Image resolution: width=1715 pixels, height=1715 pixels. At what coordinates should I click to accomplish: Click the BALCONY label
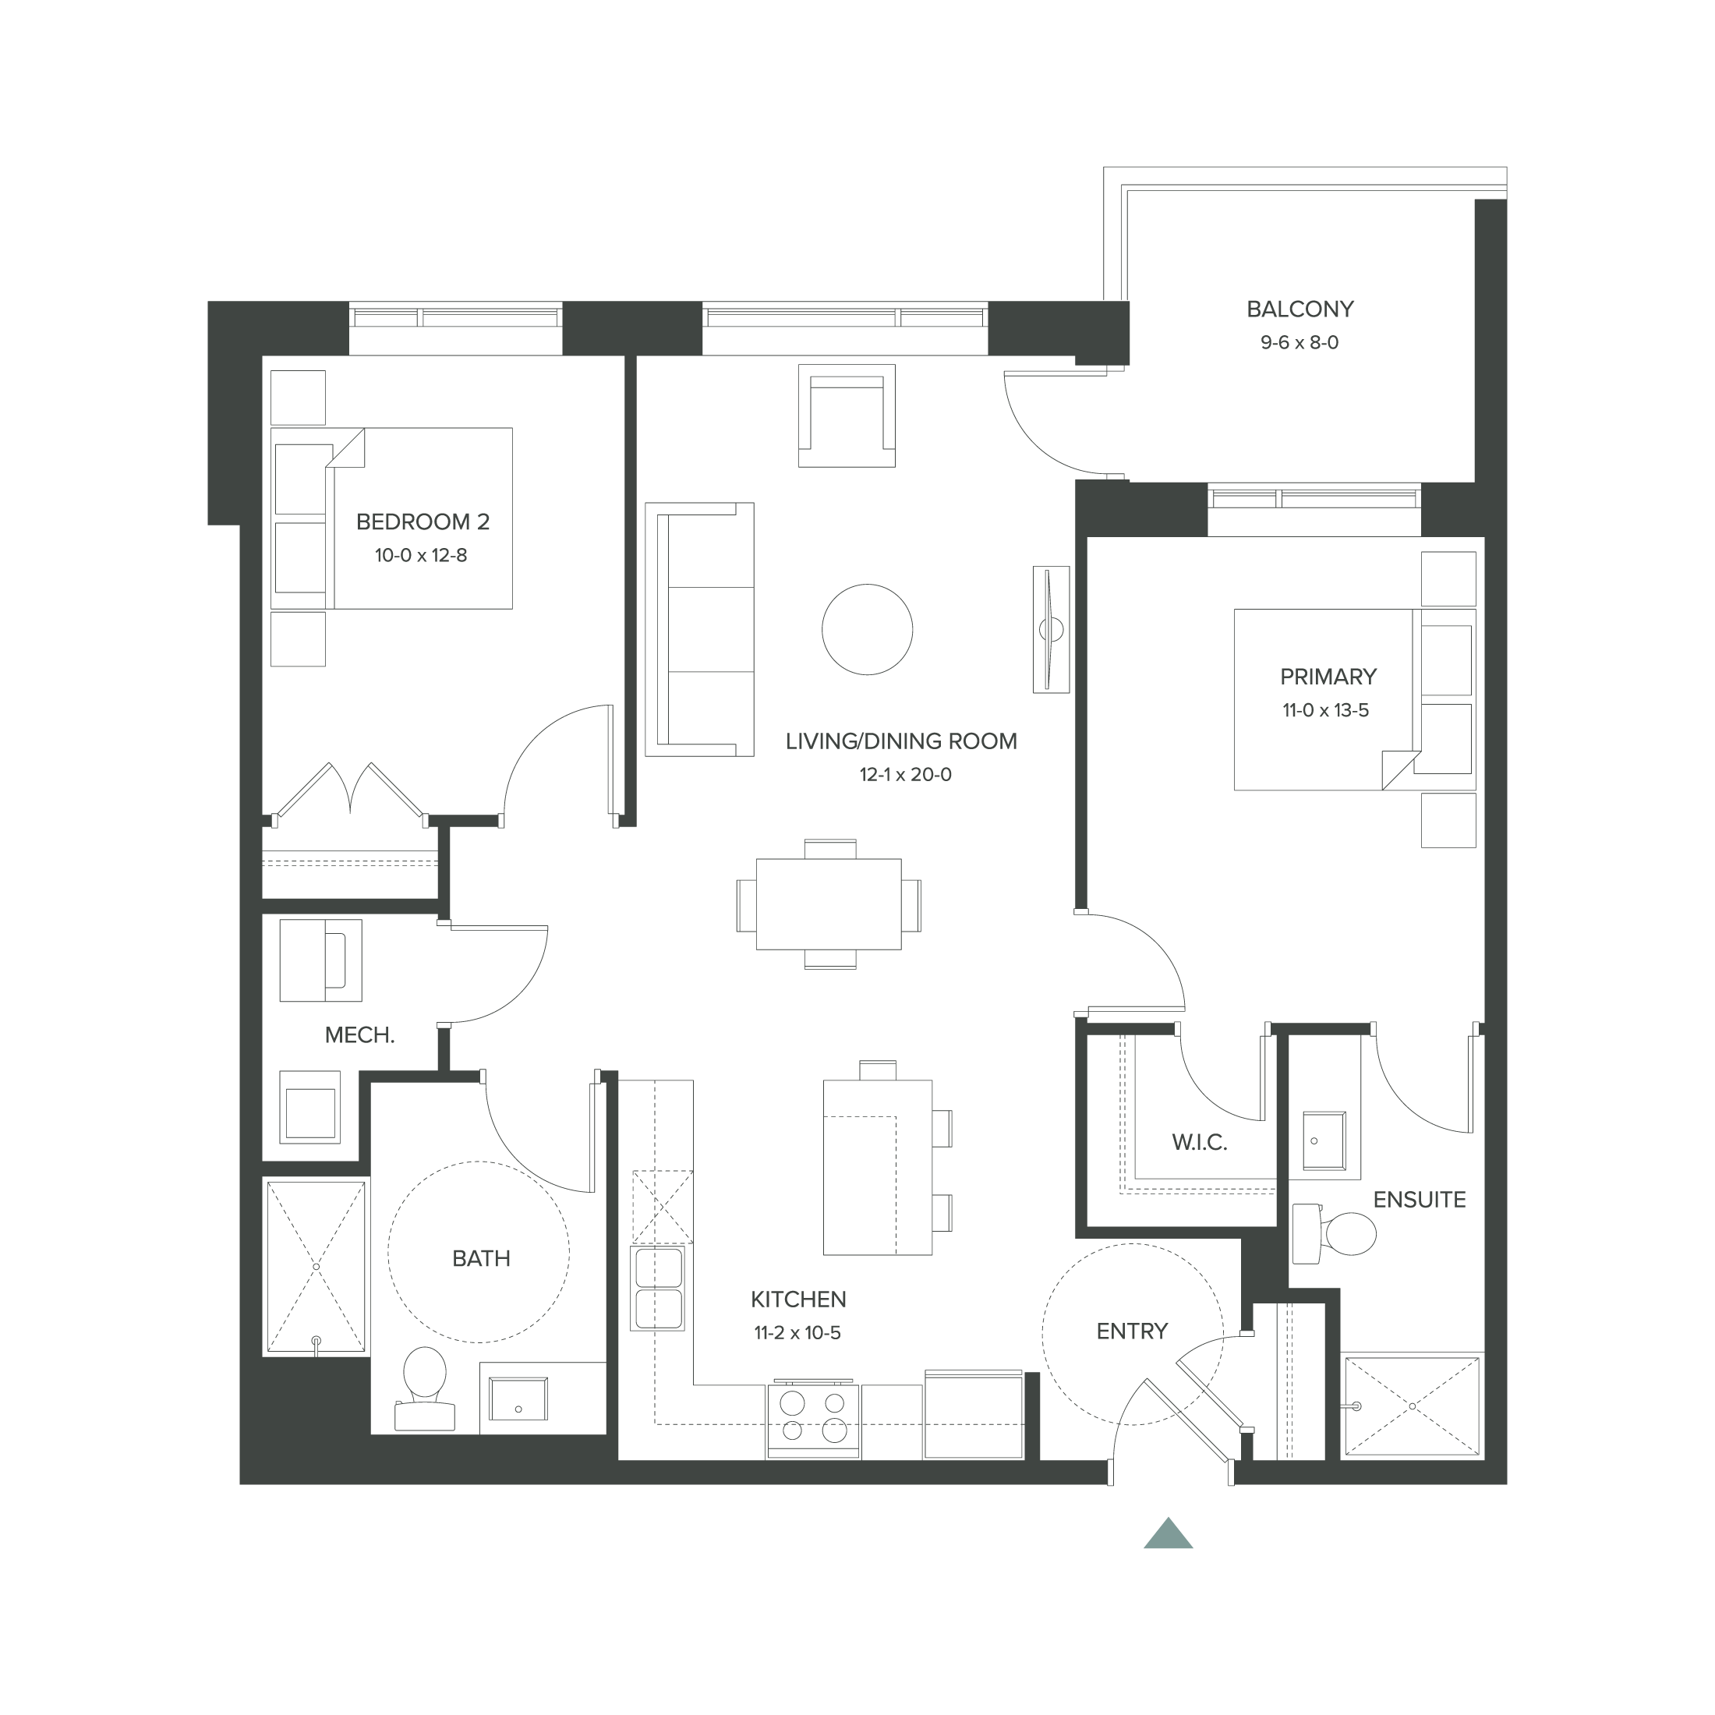tap(1300, 309)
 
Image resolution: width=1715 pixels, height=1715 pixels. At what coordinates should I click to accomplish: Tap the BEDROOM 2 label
tap(423, 522)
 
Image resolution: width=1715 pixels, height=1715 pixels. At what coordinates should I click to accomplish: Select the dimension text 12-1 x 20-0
tap(904, 775)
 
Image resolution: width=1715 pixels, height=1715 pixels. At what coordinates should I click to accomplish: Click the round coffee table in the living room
tap(868, 629)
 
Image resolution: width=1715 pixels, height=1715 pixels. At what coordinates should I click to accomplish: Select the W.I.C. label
tap(1199, 1143)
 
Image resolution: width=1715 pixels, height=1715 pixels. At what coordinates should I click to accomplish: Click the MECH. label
tap(359, 1035)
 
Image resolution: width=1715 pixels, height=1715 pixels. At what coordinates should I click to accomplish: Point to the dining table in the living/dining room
tap(828, 903)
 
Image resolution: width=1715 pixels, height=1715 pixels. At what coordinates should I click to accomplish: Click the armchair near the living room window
tap(846, 415)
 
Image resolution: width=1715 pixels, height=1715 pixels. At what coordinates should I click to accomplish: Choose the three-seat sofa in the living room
tap(699, 629)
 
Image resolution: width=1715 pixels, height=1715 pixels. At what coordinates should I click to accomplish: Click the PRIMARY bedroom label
tap(1328, 677)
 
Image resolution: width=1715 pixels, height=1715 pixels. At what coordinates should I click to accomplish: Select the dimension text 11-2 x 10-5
tap(797, 1333)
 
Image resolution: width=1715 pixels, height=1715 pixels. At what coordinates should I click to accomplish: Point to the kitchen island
tap(877, 1166)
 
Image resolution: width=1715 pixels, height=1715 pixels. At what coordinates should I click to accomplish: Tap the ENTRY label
tap(1132, 1331)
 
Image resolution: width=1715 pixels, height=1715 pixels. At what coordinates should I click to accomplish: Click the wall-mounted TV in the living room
tap(1051, 629)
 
